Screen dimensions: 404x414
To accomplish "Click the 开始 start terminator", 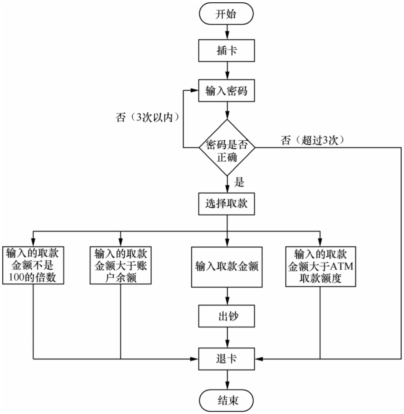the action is pyautogui.click(x=226, y=13).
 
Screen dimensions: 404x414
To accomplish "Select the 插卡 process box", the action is pyautogui.click(x=226, y=51).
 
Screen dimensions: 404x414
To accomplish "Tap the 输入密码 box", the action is pyautogui.click(x=226, y=91).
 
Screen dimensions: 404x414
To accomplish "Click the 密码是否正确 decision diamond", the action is pyautogui.click(x=227, y=147).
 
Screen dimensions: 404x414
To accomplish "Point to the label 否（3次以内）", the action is pyautogui.click(x=147, y=117).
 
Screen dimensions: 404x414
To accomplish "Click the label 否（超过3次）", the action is pyautogui.click(x=312, y=140).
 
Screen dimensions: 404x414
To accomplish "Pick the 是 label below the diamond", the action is pyautogui.click(x=239, y=182).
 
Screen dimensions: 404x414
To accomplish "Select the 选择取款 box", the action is pyautogui.click(x=226, y=204).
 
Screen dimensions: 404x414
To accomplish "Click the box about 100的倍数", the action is pyautogui.click(x=33, y=265).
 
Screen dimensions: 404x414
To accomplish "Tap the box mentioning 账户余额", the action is pyautogui.click(x=121, y=265).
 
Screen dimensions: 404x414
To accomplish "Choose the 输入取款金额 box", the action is pyautogui.click(x=227, y=267).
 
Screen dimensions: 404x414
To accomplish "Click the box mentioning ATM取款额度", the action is pyautogui.click(x=321, y=267).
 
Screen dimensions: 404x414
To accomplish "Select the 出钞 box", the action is pyautogui.click(x=226, y=316).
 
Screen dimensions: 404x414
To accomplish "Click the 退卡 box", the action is pyautogui.click(x=226, y=359).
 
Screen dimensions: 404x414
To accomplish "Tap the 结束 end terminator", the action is pyautogui.click(x=226, y=401).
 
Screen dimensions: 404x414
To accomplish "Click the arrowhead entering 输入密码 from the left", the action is pyautogui.click(x=195, y=90).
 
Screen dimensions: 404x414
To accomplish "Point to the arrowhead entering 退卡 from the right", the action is pyautogui.click(x=259, y=359).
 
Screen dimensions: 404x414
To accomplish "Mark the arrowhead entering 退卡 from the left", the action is pyautogui.click(x=195, y=359).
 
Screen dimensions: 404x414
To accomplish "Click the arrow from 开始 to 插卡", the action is pyautogui.click(x=227, y=32).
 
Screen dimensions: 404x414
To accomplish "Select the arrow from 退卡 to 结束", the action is pyautogui.click(x=227, y=380).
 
